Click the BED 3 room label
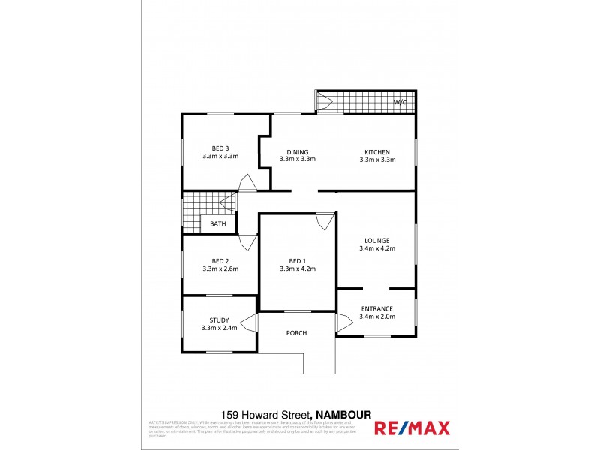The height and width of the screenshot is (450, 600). click(220, 148)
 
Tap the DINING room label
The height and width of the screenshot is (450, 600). click(298, 151)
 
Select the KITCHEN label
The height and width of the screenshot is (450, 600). click(377, 151)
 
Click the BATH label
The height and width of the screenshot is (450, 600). click(218, 223)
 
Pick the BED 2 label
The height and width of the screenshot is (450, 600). click(220, 260)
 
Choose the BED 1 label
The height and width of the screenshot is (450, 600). click(298, 260)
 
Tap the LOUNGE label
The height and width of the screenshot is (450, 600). click(377, 240)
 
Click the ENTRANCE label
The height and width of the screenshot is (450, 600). click(377, 308)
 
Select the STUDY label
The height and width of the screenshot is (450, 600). click(220, 320)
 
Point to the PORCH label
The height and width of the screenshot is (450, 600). click(297, 333)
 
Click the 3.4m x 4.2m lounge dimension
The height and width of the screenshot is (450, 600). click(377, 248)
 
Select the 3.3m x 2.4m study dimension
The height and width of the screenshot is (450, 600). click(220, 328)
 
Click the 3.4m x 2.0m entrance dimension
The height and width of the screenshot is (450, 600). click(377, 316)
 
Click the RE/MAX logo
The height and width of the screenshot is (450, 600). click(412, 428)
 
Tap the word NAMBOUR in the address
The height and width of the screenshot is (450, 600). click(344, 414)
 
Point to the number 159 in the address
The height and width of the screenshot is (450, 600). click(229, 414)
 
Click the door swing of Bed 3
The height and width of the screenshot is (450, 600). click(246, 183)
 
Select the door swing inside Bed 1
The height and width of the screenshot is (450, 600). click(324, 222)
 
